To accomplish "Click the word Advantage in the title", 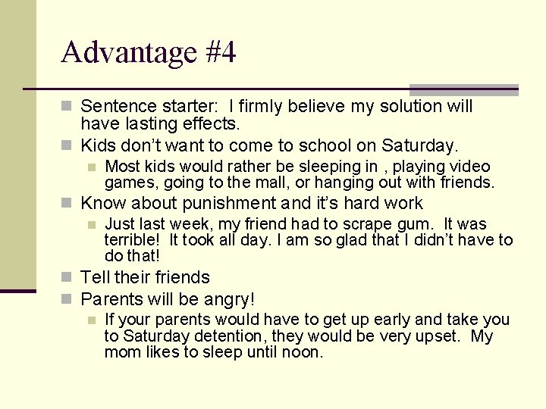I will point(129,53).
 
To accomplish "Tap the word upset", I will point(435,336).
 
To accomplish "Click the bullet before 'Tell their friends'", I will point(69,278).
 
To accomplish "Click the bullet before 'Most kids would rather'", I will point(93,167).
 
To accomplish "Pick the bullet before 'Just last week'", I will point(93,224).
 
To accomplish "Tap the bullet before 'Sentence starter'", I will point(69,106).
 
